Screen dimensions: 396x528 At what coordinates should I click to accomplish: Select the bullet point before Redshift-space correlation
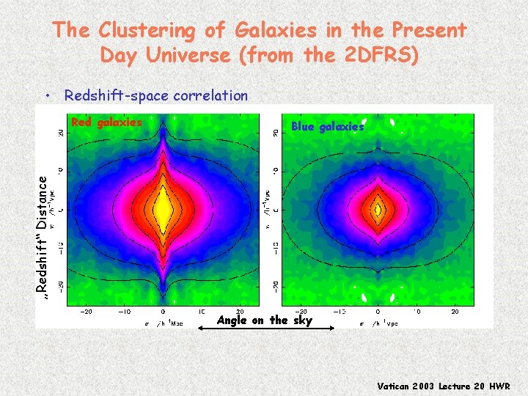[x=46, y=95]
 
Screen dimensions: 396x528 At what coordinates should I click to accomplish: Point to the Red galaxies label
[x=106, y=122]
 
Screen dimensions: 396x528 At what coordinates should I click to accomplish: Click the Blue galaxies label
[x=327, y=127]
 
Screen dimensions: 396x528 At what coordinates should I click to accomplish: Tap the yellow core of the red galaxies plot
[x=162, y=210]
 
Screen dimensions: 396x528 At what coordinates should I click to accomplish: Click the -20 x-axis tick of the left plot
[x=86, y=312]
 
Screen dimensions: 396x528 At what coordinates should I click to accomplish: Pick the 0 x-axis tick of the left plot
[x=162, y=312]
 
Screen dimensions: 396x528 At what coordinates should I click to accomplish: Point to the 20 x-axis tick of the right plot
[x=454, y=312]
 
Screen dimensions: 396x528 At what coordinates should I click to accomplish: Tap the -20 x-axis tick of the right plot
[x=300, y=312]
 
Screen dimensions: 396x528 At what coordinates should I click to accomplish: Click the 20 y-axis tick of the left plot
[x=60, y=133]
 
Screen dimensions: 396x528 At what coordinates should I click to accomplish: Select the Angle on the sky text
[x=265, y=320]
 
